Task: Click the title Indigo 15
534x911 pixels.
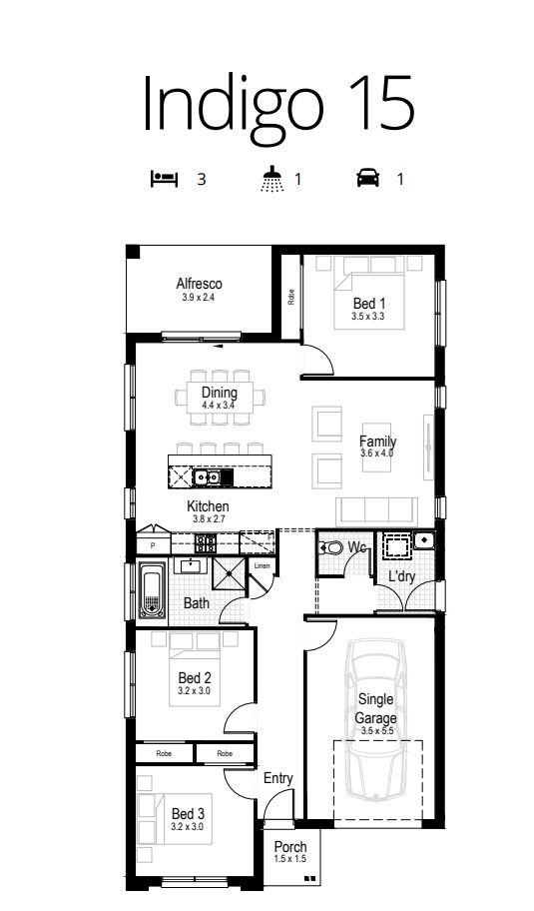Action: [x=278, y=103]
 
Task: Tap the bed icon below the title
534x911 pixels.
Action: [x=166, y=179]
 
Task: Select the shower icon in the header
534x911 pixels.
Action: [x=272, y=179]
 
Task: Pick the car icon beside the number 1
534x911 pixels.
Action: [x=368, y=177]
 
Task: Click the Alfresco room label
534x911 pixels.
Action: [x=199, y=284]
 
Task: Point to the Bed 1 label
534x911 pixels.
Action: [x=369, y=304]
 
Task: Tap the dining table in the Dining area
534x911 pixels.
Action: [x=220, y=398]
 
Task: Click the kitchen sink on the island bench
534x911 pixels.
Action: [x=206, y=477]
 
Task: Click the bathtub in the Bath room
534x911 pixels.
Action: [x=153, y=591]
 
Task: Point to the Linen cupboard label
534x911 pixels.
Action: [x=262, y=565]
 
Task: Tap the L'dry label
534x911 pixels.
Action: [x=401, y=576]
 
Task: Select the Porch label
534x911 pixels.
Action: [x=290, y=847]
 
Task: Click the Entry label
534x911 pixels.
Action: [x=278, y=778]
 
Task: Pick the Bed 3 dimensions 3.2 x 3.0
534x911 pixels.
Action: [x=187, y=827]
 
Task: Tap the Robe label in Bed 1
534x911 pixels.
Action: [x=290, y=298]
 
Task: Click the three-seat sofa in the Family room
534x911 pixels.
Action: [x=376, y=511]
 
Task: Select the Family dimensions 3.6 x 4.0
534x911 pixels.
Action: [x=376, y=453]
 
